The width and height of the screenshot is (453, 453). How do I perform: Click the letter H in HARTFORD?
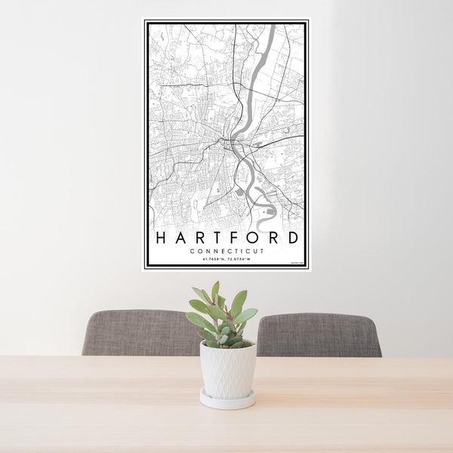[160, 237]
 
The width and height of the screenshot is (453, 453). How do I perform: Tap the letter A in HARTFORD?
[179, 237]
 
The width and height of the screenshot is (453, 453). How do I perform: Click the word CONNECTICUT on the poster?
[227, 251]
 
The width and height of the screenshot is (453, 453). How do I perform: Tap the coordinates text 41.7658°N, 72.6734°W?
[227, 260]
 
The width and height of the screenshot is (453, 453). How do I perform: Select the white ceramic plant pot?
[227, 370]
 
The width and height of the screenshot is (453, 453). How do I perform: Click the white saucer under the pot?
[227, 399]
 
